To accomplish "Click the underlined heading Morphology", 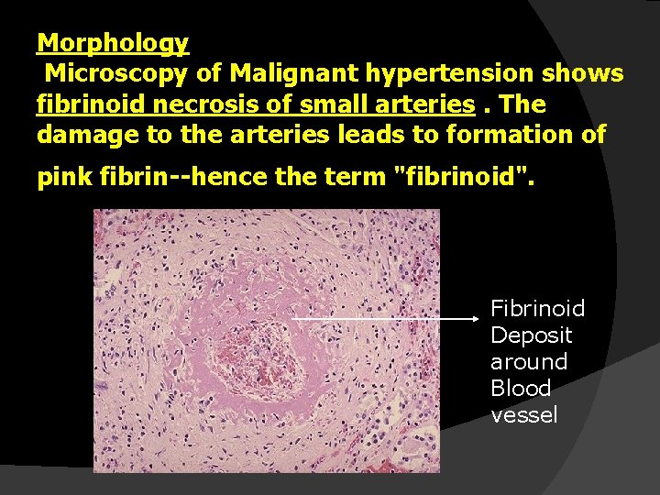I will click(x=113, y=42).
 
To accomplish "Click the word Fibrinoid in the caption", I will click(x=537, y=308).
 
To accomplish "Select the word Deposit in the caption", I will click(x=531, y=335).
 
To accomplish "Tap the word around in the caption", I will click(x=529, y=361).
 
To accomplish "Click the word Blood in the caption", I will click(x=521, y=388).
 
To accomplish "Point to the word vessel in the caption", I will click(x=523, y=414).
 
